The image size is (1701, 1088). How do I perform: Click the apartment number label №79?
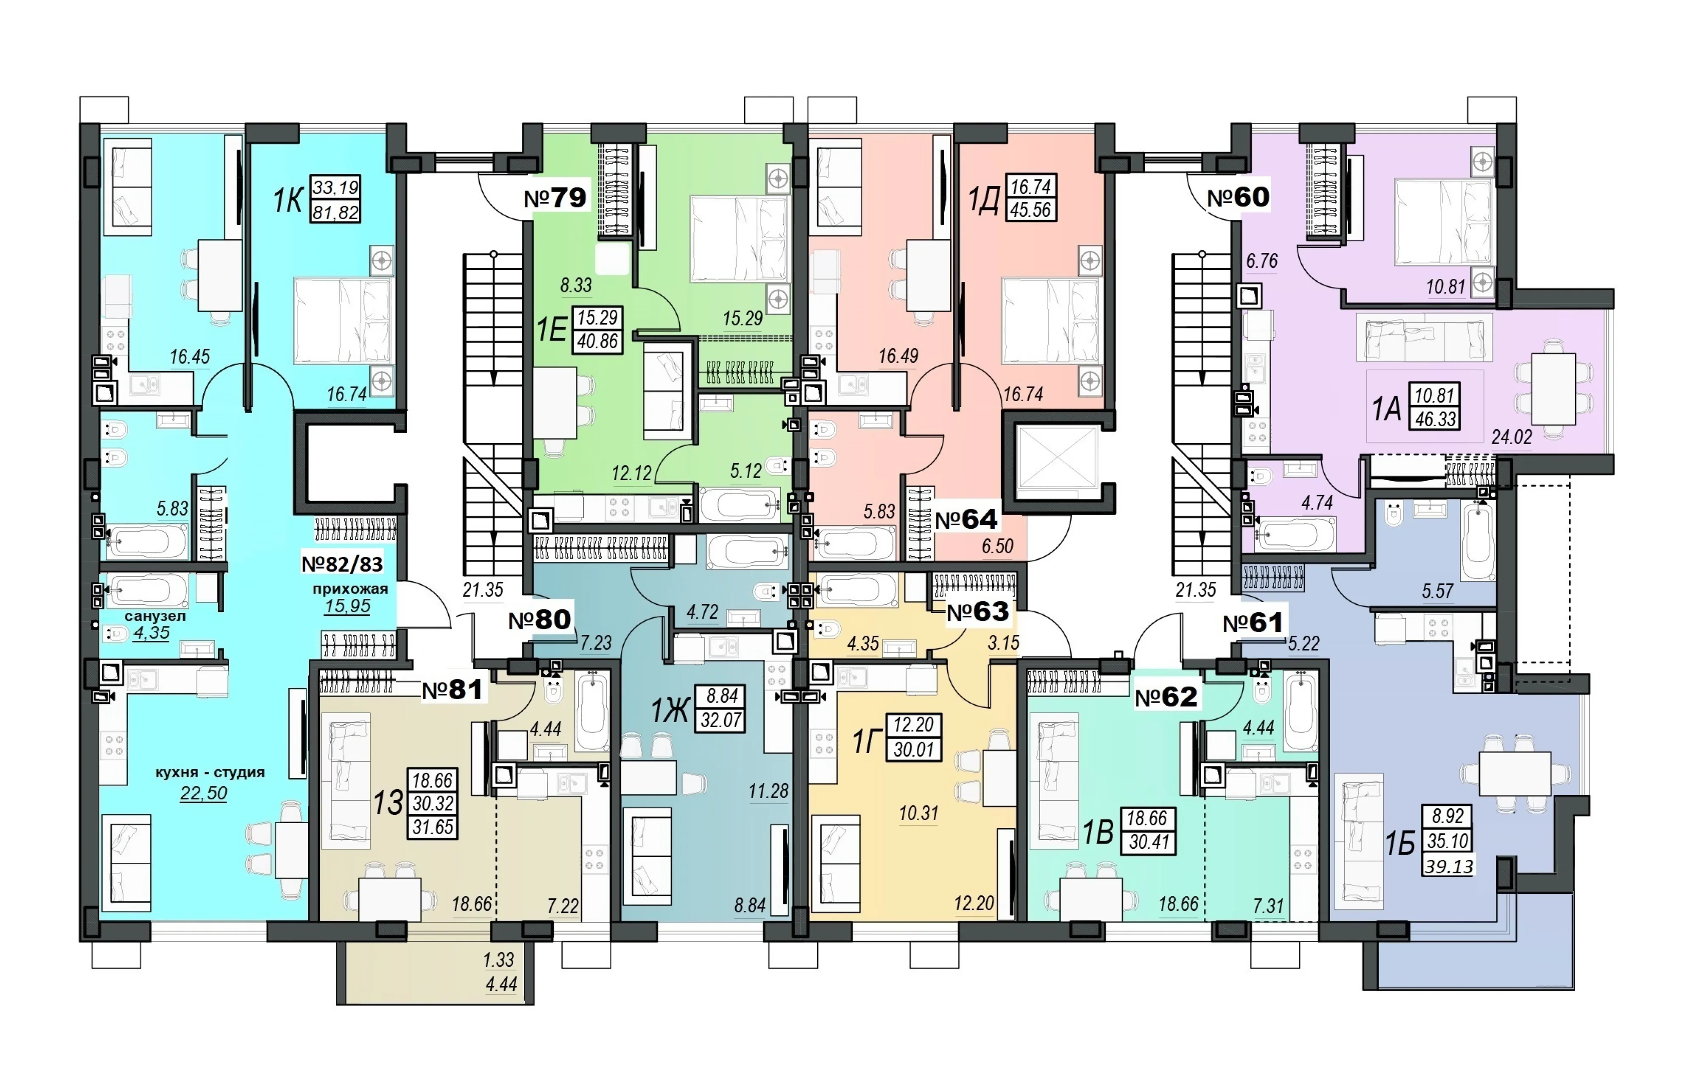[555, 198]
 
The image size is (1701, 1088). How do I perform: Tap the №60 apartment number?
[1238, 197]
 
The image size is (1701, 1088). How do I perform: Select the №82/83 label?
[342, 564]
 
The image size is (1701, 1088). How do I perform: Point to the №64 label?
[966, 519]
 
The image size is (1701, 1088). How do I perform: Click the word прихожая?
[350, 589]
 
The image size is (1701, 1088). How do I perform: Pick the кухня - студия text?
[210, 772]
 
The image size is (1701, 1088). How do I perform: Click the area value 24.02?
[1512, 437]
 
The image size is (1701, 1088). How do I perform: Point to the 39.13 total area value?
[1448, 866]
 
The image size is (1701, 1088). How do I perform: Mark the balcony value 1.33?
[498, 959]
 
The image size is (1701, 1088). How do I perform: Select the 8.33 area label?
[576, 286]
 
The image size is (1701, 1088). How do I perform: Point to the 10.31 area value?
[919, 813]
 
